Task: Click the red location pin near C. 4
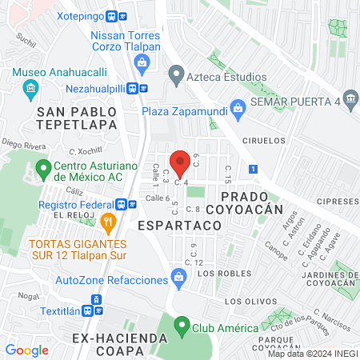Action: (x=181, y=163)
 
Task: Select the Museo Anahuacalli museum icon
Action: (x=31, y=86)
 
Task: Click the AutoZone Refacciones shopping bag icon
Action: (x=179, y=279)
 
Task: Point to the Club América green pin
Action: (x=182, y=327)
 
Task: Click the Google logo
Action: (x=26, y=350)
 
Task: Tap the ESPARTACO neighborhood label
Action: (x=178, y=226)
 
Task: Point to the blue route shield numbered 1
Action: (x=253, y=170)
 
